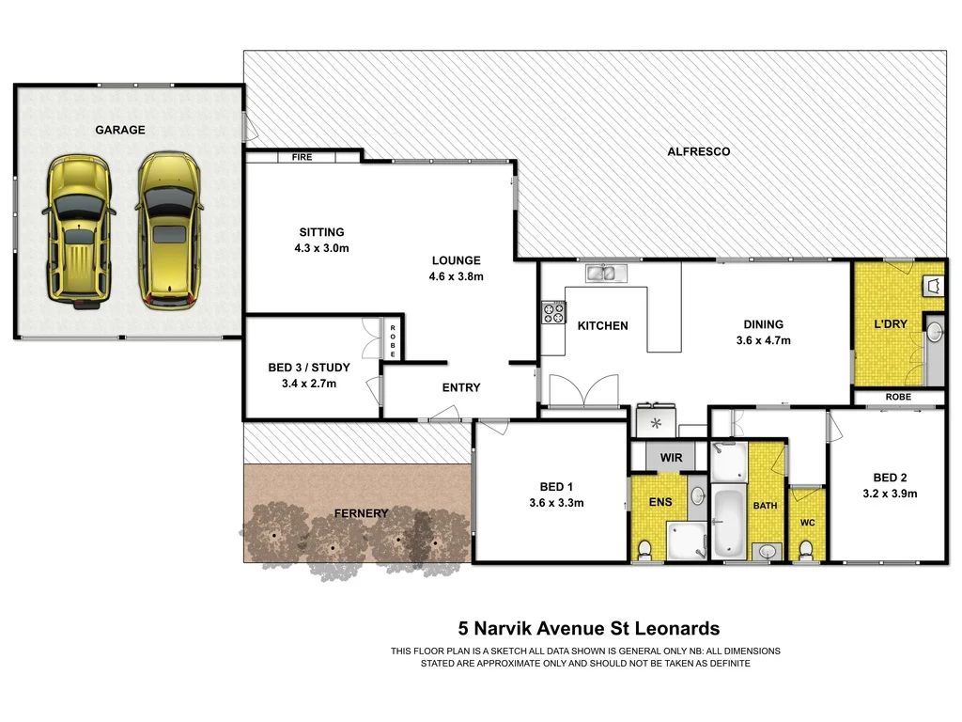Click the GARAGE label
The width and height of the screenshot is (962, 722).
(120, 130)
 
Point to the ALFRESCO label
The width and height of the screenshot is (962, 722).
(698, 151)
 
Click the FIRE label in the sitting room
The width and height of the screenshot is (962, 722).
(302, 158)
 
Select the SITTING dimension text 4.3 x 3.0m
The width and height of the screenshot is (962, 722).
(321, 248)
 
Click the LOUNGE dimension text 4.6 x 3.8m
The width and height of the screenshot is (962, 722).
(456, 276)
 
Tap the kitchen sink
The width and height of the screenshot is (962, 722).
(606, 274)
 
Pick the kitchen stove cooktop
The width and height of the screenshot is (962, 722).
(552, 313)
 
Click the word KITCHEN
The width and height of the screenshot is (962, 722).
(602, 326)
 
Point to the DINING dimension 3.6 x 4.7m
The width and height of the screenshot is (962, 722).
(763, 340)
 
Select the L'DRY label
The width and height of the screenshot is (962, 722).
(891, 324)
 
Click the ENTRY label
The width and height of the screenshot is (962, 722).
(461, 387)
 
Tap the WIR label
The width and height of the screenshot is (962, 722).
(671, 458)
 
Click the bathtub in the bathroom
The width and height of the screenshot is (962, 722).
(729, 522)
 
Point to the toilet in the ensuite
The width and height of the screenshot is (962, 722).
(644, 548)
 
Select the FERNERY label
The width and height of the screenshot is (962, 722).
(362, 513)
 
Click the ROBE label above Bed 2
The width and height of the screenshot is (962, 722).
(898, 398)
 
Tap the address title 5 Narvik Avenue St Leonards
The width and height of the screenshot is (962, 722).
(588, 629)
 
